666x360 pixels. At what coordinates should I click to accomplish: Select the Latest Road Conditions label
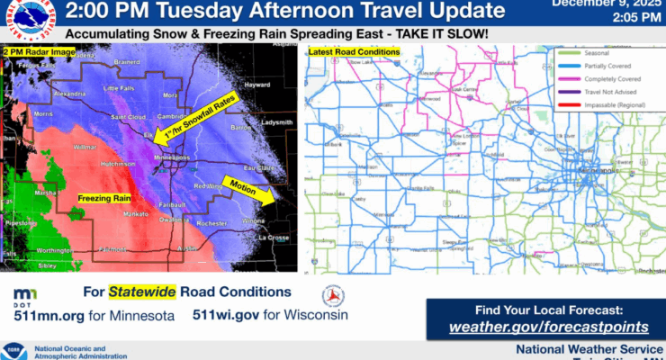pyautogui.click(x=354, y=53)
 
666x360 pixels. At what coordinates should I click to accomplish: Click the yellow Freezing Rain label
pyautogui.click(x=102, y=197)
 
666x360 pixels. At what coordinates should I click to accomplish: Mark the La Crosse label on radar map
pyautogui.click(x=271, y=238)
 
